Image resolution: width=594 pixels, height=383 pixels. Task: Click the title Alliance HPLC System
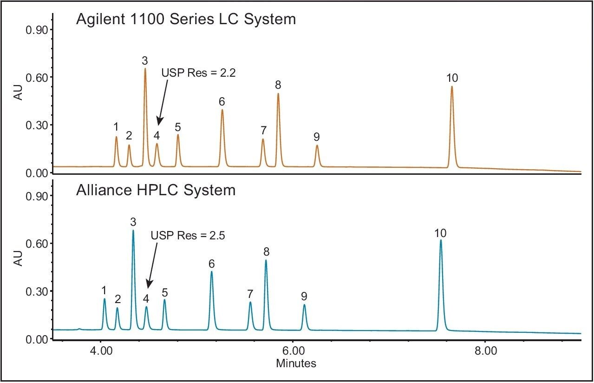[x=156, y=190]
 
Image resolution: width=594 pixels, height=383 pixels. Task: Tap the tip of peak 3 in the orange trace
[x=145, y=69]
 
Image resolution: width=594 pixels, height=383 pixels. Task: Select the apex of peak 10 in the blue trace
[x=441, y=240]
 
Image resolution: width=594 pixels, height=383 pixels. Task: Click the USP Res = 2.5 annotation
[x=188, y=236]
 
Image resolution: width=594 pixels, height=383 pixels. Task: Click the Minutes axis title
[x=296, y=363]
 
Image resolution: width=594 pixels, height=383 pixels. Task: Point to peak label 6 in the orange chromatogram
[x=222, y=101]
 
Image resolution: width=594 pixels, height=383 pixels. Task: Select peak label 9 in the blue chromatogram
[x=304, y=296]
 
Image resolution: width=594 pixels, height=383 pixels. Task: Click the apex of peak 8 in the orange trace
[x=278, y=94]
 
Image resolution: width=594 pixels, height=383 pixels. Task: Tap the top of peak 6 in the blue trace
[x=211, y=272]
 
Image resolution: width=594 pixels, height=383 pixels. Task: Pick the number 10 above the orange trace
[x=451, y=77]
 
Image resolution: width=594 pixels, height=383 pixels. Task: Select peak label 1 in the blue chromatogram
[x=104, y=291]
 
